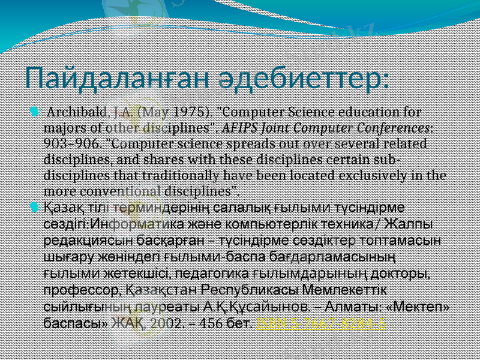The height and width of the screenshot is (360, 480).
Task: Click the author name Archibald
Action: pyautogui.click(x=77, y=112)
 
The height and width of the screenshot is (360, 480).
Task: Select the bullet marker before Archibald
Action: pyautogui.click(x=34, y=112)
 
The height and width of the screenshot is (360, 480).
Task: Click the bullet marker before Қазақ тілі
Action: pyautogui.click(x=34, y=208)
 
